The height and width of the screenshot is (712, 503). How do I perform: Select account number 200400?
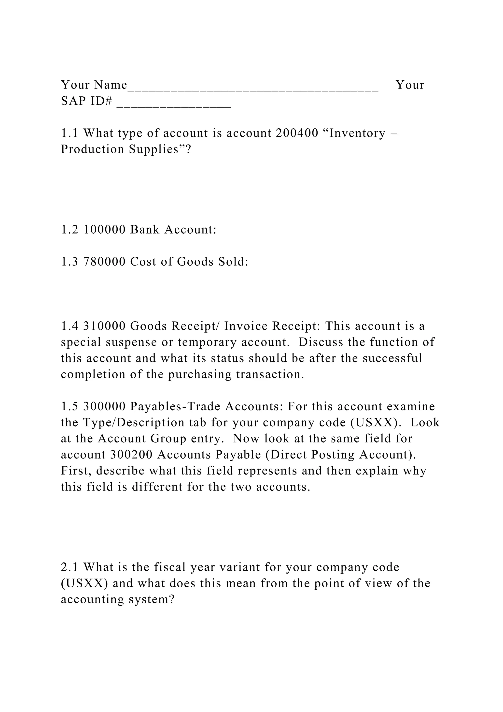pos(297,133)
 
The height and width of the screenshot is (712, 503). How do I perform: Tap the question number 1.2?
pos(69,229)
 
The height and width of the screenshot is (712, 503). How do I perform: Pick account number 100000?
pos(104,229)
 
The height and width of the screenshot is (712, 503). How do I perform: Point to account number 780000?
pos(104,262)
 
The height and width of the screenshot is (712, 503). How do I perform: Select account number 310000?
pos(104,326)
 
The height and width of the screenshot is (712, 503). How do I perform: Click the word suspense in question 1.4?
pos(131,342)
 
